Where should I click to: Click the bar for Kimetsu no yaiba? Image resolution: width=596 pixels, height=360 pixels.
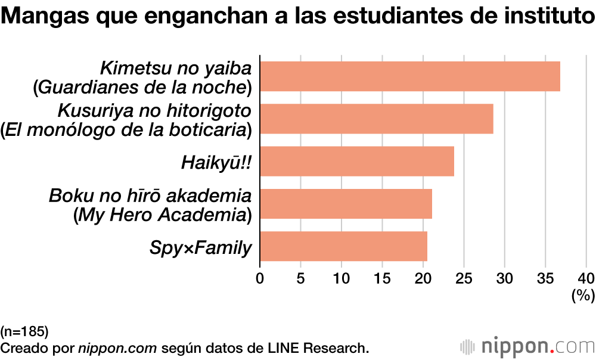(x=410, y=76)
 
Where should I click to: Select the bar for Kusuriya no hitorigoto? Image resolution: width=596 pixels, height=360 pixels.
(x=377, y=119)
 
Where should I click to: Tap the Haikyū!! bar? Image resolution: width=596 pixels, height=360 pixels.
(x=357, y=162)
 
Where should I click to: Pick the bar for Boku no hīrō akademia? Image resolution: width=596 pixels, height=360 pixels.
(x=346, y=204)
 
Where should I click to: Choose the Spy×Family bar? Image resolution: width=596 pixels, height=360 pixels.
(x=343, y=246)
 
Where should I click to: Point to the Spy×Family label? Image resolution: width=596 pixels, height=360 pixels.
(x=201, y=247)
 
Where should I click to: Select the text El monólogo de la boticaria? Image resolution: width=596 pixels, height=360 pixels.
(x=126, y=129)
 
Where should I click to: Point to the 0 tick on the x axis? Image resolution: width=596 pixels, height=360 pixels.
(x=260, y=278)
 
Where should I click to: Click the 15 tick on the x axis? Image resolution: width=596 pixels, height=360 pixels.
(x=382, y=278)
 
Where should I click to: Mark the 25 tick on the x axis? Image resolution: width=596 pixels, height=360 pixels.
(x=464, y=278)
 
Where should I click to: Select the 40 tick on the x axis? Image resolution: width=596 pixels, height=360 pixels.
(x=586, y=278)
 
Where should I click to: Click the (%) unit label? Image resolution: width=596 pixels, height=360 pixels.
(x=583, y=295)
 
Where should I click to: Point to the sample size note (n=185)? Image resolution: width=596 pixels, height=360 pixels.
(x=24, y=331)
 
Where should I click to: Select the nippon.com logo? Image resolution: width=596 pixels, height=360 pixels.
(x=527, y=346)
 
